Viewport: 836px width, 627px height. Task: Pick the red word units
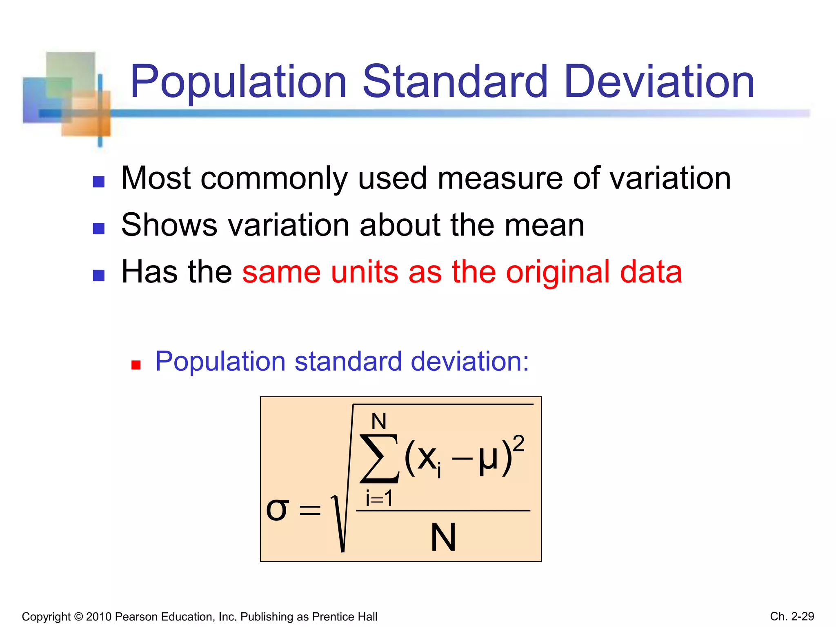[365, 273]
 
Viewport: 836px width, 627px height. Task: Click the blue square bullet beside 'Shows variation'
[99, 229]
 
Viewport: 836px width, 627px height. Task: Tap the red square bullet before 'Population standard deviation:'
[136, 365]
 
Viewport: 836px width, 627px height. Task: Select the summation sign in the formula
[379, 458]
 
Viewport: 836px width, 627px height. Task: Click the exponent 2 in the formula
[518, 444]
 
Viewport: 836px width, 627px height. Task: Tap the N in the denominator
[443, 538]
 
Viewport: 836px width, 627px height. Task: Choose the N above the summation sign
[379, 421]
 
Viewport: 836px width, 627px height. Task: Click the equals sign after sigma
[310, 510]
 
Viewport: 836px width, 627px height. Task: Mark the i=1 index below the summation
[379, 498]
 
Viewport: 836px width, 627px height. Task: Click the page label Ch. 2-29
[792, 616]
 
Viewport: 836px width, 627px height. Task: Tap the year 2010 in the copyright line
[99, 617]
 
